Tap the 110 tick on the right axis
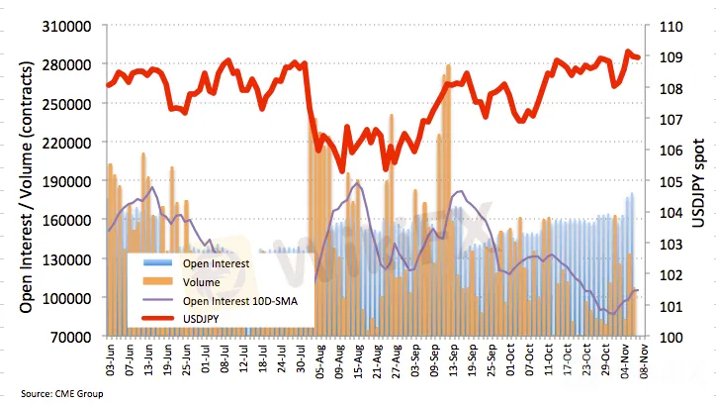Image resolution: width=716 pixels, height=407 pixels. tap(663, 26)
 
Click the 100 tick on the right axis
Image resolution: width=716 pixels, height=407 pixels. tap(663, 337)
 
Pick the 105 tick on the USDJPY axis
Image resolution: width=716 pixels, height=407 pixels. tap(663, 181)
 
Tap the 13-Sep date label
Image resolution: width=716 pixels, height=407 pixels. tap(449, 358)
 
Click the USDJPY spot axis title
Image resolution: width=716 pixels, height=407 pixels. tap(698, 180)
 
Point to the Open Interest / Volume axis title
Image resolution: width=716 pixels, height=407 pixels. tap(27, 181)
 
